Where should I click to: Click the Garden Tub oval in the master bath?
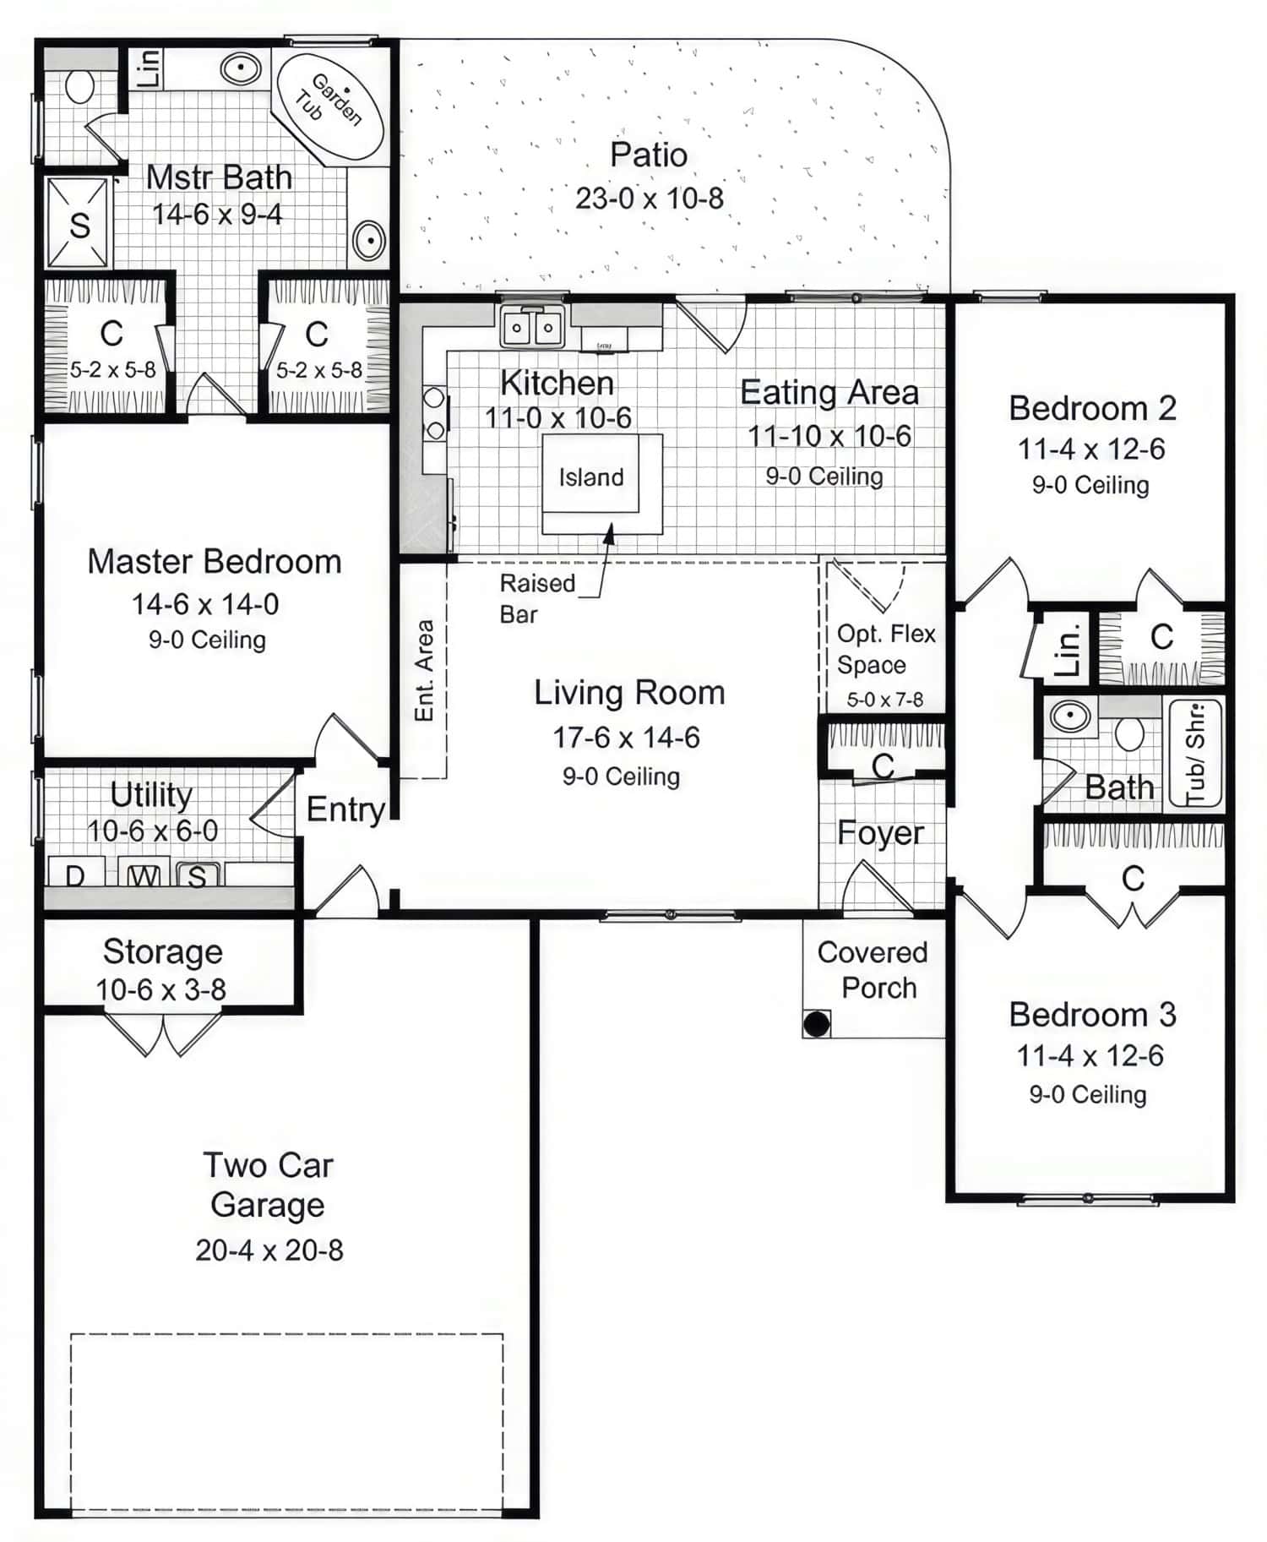tap(330, 106)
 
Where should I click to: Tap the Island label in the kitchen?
tap(591, 477)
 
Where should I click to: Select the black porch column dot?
tap(816, 1024)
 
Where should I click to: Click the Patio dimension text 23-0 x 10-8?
tap(649, 199)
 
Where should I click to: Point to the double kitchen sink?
tap(531, 328)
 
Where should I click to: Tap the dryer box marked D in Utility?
tap(74, 873)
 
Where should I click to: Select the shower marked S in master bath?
tap(79, 224)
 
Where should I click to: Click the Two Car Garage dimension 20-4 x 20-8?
tap(269, 1250)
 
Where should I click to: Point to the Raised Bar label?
tap(537, 598)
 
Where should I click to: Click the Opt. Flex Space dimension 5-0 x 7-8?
tap(884, 700)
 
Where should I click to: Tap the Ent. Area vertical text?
tap(424, 671)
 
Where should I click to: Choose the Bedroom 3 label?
tap(1091, 1015)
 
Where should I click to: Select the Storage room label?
tap(162, 952)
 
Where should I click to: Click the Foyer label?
tap(880, 833)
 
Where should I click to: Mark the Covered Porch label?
tap(873, 970)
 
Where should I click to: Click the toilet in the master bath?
tap(79, 84)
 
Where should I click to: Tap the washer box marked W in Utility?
tap(144, 875)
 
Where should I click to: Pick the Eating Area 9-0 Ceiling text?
tap(824, 477)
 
